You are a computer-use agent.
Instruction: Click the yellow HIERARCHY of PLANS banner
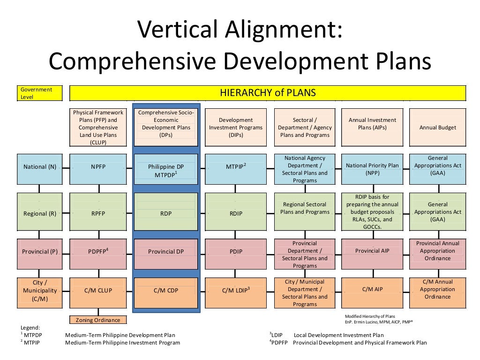tap(268, 93)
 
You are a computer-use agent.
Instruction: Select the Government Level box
tap(39, 93)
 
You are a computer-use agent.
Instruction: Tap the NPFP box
tap(98, 166)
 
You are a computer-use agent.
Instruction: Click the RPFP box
tap(98, 213)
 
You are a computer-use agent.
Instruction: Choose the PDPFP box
tap(98, 252)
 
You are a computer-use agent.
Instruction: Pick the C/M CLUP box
tap(98, 290)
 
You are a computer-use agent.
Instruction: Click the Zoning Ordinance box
tap(98, 320)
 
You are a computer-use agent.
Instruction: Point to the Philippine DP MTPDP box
tap(166, 170)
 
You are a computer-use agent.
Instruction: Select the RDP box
tap(166, 213)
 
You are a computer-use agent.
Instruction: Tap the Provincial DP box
tap(166, 252)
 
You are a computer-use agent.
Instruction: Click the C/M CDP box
tap(166, 290)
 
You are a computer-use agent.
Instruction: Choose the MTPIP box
tap(236, 166)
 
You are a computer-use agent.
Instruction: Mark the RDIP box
tap(236, 213)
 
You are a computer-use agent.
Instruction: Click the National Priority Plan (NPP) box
tap(372, 169)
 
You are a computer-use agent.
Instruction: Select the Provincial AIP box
tap(372, 251)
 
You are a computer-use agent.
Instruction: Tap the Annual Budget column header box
tap(438, 127)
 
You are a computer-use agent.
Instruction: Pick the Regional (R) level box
tap(39, 213)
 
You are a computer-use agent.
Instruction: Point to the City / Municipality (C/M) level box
tap(39, 290)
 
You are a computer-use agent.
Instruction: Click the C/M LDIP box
tap(236, 290)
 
